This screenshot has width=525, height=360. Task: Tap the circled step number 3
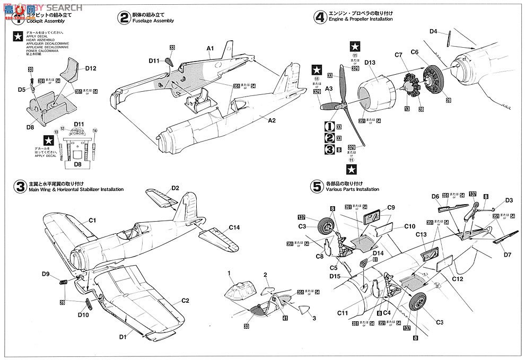pos(20,186)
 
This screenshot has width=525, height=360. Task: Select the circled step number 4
pos(320,17)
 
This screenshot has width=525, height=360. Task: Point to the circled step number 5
pos(317,186)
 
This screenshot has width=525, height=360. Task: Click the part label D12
pos(91,68)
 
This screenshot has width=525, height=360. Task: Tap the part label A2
pos(272,120)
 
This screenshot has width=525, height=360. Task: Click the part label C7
pos(399,54)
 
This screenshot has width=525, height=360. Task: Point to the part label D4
pos(433,32)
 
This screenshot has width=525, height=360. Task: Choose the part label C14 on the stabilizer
pos(235,228)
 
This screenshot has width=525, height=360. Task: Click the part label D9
pos(46,274)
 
